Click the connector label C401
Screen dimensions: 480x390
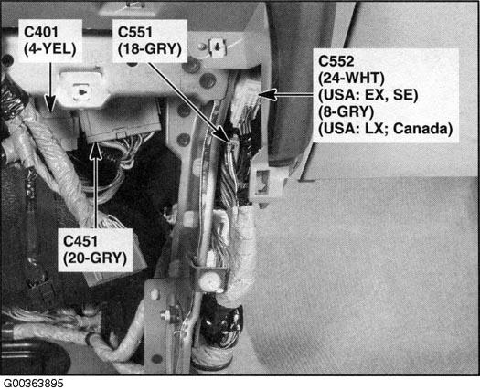pos(41,32)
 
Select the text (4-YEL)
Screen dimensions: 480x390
pos(50,49)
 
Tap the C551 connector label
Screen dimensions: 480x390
pos(134,32)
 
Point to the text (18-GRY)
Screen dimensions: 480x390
pos(150,49)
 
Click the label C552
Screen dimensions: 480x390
pos(336,61)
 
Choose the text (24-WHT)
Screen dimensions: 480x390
pos(351,78)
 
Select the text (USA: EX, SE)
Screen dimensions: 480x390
pos(368,95)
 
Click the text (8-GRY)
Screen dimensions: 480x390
pos(346,111)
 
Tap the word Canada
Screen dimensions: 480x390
pos(422,129)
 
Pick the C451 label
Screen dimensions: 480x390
pos(80,241)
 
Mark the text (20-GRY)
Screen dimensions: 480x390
pos(95,258)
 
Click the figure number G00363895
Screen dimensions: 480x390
pos(33,384)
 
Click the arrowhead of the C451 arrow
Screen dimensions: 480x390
pos(96,151)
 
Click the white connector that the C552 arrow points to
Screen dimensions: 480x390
pos(246,103)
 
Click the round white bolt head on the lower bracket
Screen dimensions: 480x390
pos(209,280)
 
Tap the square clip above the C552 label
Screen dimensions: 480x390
pos(218,47)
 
